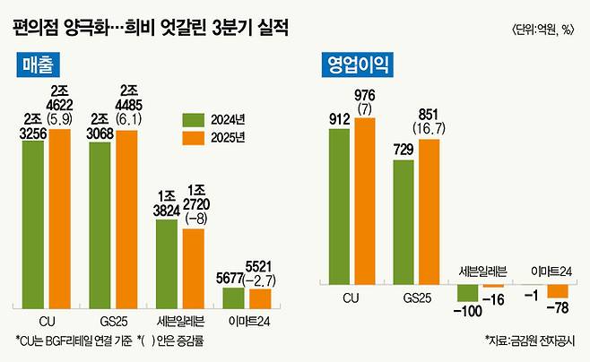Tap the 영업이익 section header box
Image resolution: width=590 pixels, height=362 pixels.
(357, 65)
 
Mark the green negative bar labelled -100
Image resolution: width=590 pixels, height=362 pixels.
(468, 292)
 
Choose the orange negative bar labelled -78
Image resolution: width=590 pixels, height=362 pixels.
(559, 290)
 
